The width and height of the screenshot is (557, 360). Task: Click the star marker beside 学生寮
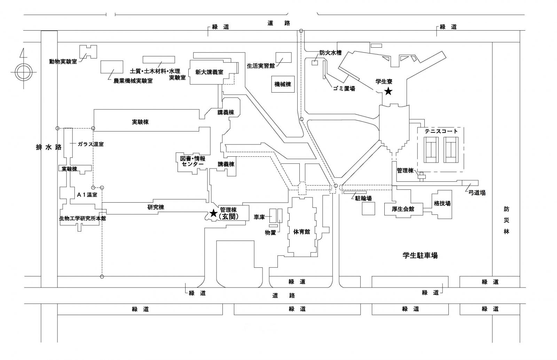[x=388, y=92]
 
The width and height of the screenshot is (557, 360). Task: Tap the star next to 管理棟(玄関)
[x=213, y=213]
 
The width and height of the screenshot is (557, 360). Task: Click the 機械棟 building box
[x=283, y=84]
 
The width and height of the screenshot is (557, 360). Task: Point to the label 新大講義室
[x=209, y=72]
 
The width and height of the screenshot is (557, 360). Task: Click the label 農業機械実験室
[x=133, y=81]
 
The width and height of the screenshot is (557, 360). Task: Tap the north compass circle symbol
[x=23, y=72]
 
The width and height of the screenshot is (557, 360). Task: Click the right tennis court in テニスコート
[x=452, y=149]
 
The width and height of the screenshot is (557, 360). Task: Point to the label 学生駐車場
[x=420, y=256]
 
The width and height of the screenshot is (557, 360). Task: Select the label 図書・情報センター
[x=193, y=161]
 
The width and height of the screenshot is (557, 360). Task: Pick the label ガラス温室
[x=91, y=144]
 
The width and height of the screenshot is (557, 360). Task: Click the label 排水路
[x=49, y=147]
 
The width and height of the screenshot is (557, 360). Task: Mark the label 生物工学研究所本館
[x=83, y=218]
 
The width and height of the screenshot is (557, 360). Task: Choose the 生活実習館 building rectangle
[x=283, y=57]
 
